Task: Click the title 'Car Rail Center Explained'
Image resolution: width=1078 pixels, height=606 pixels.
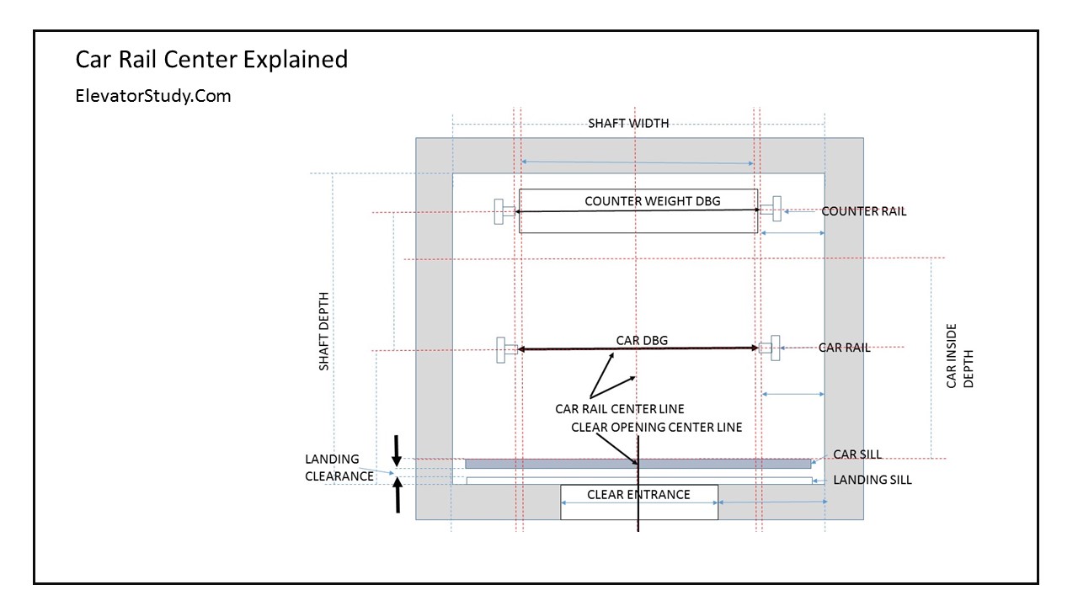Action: point(211,60)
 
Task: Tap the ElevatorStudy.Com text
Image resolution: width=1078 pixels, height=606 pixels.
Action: point(153,96)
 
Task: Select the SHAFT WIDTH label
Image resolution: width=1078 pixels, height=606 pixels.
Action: point(628,123)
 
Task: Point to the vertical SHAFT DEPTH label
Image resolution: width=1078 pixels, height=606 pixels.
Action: point(324,332)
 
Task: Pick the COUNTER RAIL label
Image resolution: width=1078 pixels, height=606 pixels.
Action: point(864,211)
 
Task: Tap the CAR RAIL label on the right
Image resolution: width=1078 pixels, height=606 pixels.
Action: point(845,347)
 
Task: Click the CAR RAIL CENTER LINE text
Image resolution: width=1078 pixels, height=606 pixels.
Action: point(620,409)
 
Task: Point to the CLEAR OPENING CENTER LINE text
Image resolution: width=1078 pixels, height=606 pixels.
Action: point(657,427)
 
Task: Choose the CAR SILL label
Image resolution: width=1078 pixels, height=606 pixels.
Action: point(857,454)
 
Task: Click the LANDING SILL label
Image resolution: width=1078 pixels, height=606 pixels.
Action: point(873,480)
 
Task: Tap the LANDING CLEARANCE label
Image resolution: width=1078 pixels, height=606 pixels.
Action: point(339,467)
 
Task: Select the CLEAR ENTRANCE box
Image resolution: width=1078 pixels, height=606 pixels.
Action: point(639,501)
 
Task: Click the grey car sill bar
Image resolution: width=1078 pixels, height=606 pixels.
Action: point(547,464)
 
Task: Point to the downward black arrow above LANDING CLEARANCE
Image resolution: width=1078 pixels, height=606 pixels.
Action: point(397,449)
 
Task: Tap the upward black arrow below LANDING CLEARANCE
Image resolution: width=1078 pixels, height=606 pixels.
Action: point(398,495)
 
